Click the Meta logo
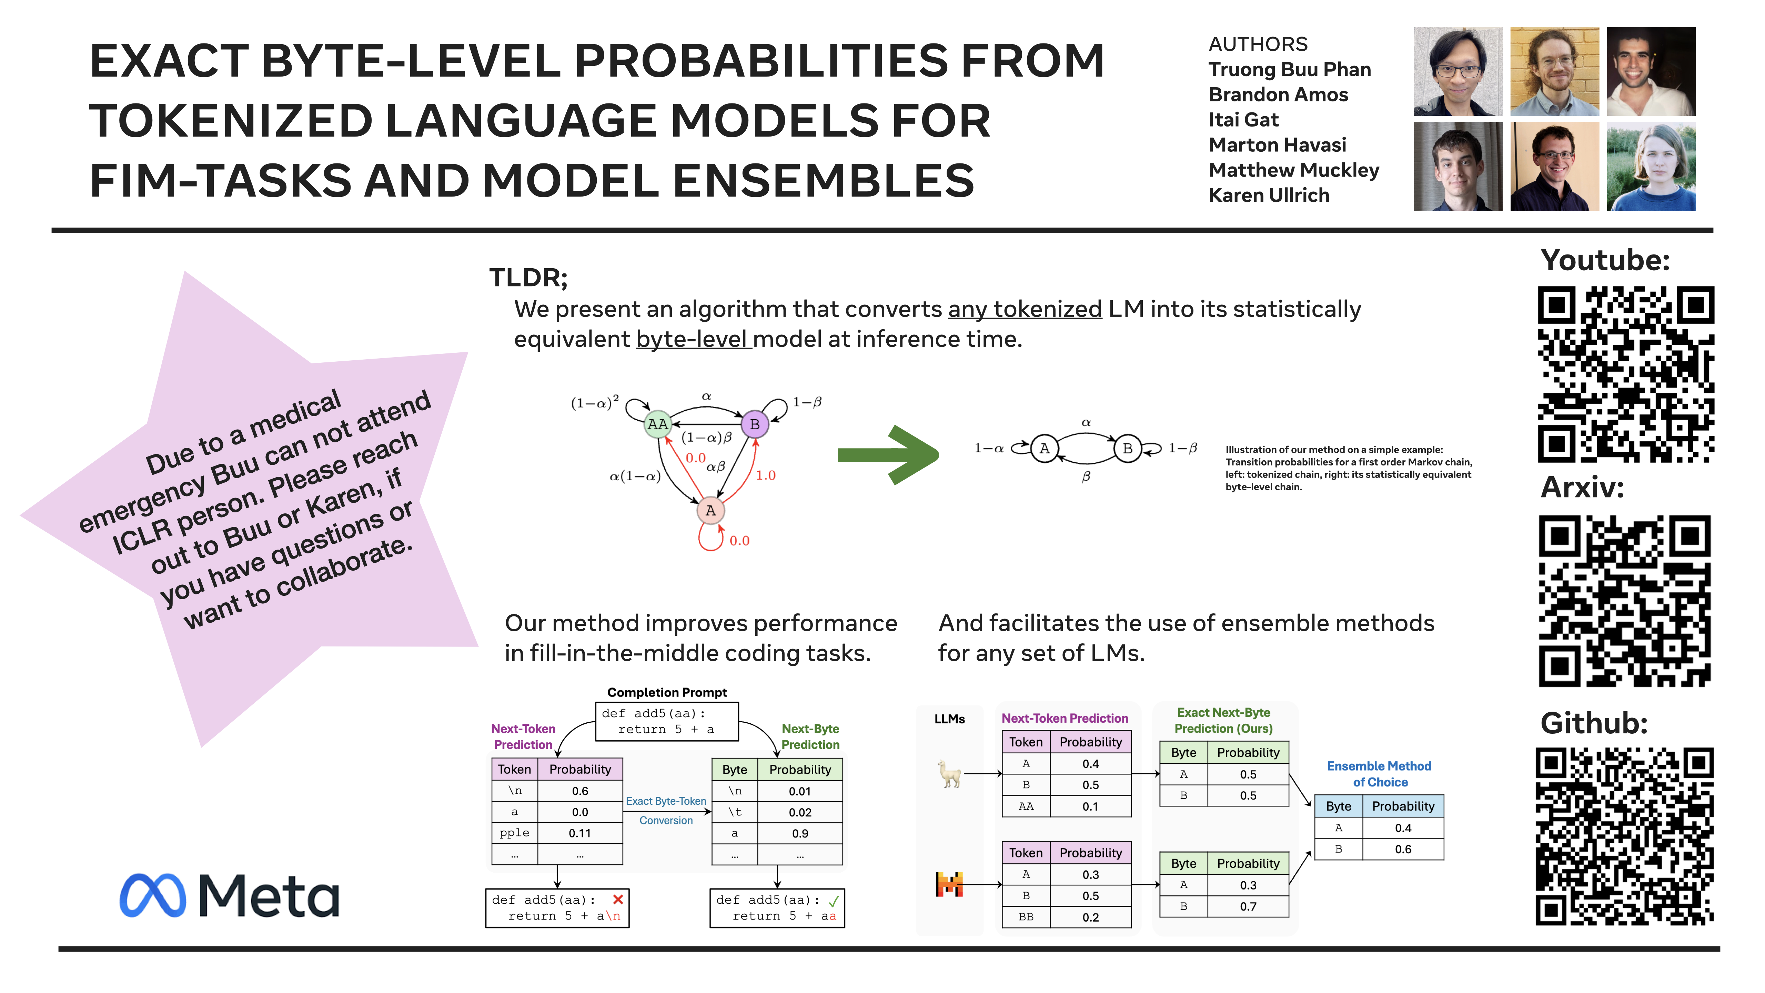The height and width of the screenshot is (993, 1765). [x=230, y=896]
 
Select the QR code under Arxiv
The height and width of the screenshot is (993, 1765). [x=1625, y=601]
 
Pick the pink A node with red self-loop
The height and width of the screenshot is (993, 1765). [x=710, y=511]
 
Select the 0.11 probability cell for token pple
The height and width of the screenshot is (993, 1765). [x=579, y=833]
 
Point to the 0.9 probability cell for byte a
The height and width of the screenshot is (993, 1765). [x=800, y=833]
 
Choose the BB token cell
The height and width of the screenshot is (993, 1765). [x=1026, y=917]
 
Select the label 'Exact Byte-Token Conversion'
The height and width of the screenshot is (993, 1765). [x=666, y=811]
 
